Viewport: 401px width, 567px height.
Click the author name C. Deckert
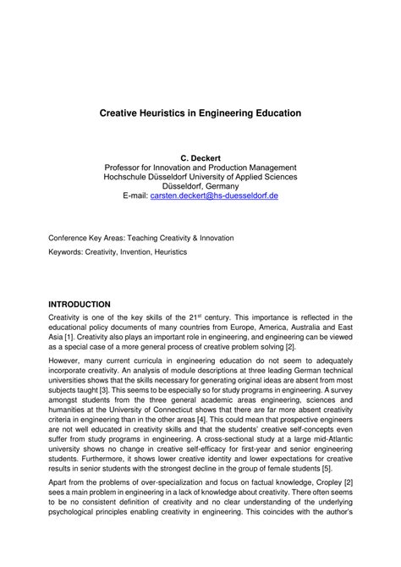tap(200, 157)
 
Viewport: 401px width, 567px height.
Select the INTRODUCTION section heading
tap(80, 303)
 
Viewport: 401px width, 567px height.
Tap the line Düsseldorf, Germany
tap(200, 185)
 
